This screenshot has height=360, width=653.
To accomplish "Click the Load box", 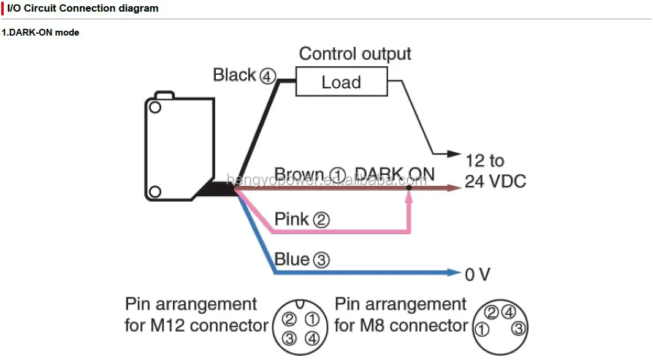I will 342,82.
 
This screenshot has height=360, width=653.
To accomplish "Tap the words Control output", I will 355,54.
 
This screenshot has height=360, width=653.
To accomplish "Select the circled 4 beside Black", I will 267,76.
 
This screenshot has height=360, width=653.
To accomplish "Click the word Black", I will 234,75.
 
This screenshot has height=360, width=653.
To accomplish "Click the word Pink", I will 292,219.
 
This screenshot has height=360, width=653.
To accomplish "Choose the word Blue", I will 292,259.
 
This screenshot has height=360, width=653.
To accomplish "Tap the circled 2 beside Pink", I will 321,220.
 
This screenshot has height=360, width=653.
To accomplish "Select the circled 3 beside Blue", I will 321,260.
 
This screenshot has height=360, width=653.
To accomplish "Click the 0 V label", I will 478,275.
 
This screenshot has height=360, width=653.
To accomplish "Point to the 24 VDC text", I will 495,182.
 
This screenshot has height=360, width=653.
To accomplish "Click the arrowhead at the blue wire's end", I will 454,272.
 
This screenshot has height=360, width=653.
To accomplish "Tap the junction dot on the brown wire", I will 409,188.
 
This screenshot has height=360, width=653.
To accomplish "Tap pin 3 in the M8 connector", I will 518,329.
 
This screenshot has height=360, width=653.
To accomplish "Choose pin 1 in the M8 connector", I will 483,330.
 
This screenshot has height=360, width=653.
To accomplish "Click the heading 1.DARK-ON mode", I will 40,32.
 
